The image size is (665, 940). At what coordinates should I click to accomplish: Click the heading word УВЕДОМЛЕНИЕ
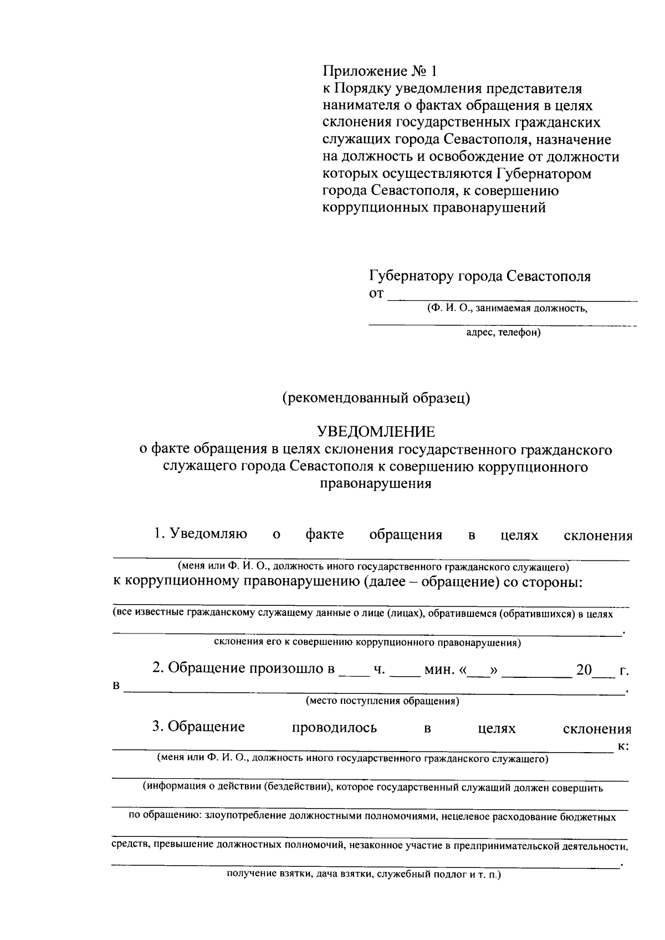coord(375,431)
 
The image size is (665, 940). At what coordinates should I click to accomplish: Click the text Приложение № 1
coord(380,71)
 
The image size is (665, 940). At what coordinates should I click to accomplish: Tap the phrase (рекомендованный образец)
coord(376,398)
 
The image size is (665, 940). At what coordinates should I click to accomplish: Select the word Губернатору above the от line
coord(410,275)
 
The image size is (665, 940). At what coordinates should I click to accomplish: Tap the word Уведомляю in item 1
coord(209,534)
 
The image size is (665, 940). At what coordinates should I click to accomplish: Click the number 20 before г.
coord(584,670)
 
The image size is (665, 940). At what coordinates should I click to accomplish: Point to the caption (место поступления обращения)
coord(383,701)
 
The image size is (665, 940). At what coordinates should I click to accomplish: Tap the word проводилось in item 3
coord(334,728)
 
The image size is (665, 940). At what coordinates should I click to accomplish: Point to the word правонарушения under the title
coord(375,484)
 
